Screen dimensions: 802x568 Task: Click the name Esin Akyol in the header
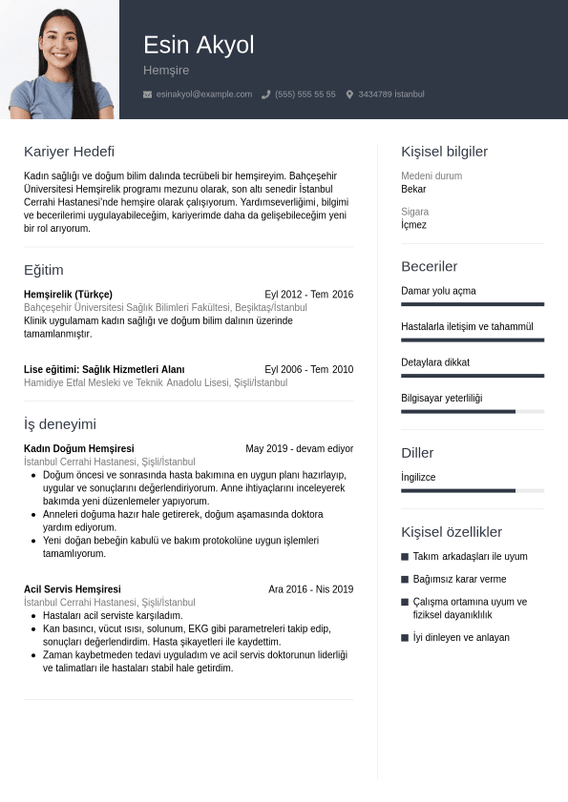pyautogui.click(x=199, y=45)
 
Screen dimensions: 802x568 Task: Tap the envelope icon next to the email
pyautogui.click(x=147, y=94)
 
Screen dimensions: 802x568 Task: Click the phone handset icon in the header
pyautogui.click(x=266, y=94)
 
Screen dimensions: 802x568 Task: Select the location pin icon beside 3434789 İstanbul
pyautogui.click(x=349, y=94)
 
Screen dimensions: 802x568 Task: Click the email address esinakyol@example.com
pyautogui.click(x=204, y=94)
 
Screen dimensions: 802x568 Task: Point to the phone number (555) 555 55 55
pyautogui.click(x=305, y=94)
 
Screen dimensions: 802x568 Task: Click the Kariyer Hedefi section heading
pyautogui.click(x=69, y=152)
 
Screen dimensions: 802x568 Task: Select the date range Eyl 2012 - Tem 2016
pyautogui.click(x=308, y=295)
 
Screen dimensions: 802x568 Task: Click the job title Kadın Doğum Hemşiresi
pyautogui.click(x=78, y=448)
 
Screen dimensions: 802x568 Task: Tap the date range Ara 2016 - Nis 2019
pyautogui.click(x=310, y=589)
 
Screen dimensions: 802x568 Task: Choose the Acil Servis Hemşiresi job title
pyautogui.click(x=73, y=589)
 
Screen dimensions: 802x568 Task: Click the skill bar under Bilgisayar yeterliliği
pyautogui.click(x=473, y=412)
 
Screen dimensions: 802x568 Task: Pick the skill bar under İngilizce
pyautogui.click(x=473, y=490)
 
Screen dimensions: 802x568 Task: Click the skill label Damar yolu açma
pyautogui.click(x=438, y=291)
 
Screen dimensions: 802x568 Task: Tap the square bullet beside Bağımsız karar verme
pyautogui.click(x=405, y=580)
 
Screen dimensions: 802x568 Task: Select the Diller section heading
pyautogui.click(x=417, y=453)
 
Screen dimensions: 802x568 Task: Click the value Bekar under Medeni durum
pyautogui.click(x=413, y=189)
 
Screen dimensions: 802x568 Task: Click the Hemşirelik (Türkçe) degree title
pyautogui.click(x=68, y=295)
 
